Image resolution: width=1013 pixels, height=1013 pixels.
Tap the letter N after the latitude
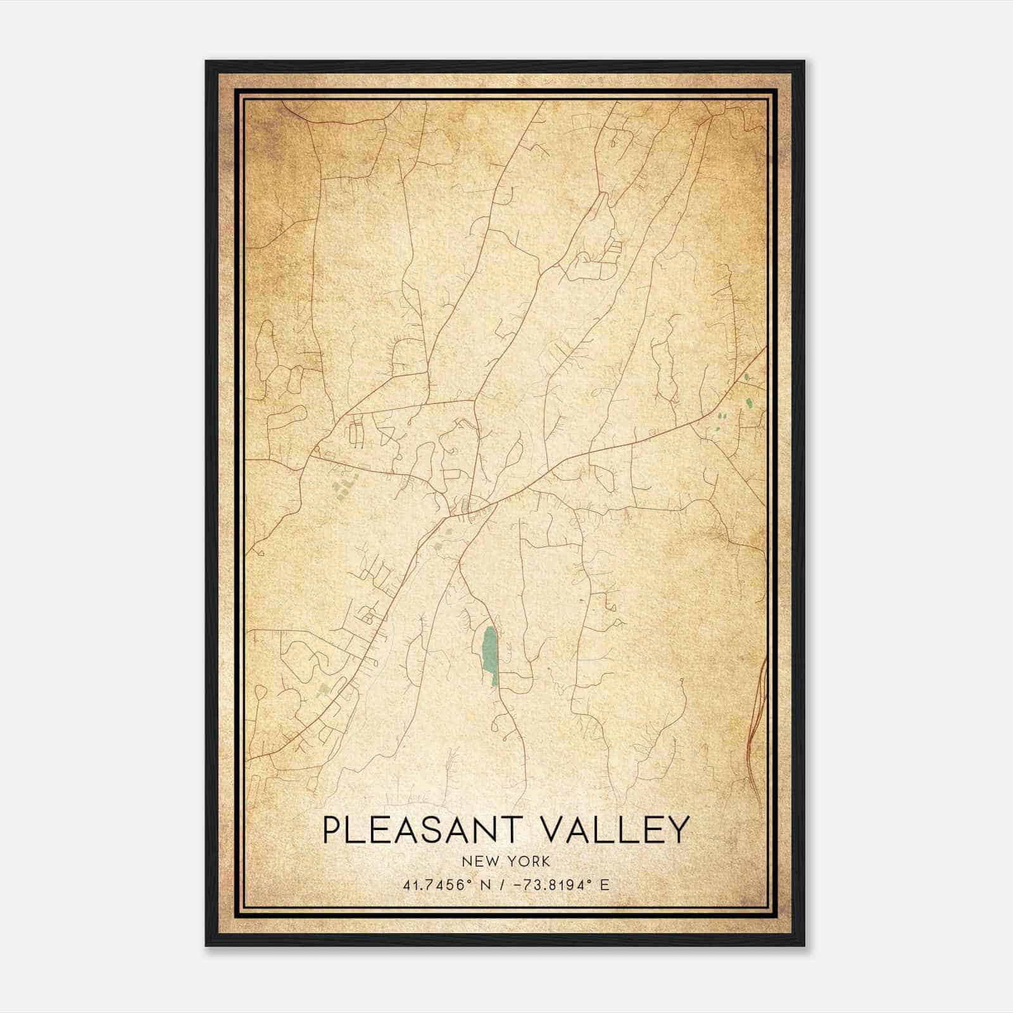[486, 885]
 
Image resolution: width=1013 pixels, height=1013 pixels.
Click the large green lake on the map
[489, 655]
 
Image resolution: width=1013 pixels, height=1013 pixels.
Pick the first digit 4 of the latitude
[406, 885]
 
